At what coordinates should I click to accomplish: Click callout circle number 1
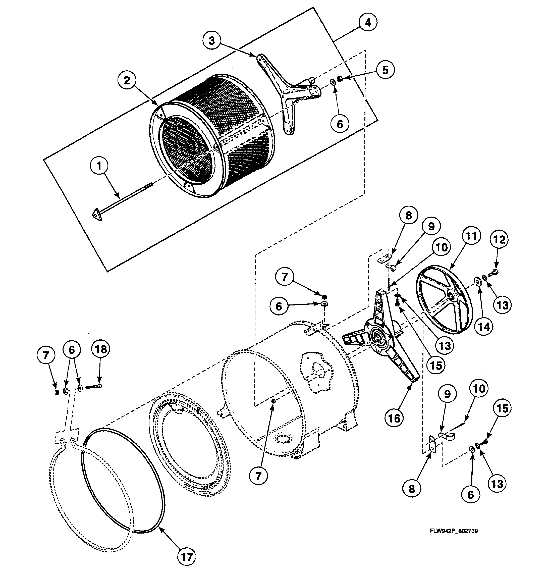99,166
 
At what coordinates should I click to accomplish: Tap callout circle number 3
212,41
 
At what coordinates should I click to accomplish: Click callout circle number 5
385,70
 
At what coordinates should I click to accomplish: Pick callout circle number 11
471,236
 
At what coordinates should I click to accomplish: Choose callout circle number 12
499,239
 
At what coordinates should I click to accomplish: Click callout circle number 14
483,326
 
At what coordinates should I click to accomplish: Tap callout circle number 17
187,557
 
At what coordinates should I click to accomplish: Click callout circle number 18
101,349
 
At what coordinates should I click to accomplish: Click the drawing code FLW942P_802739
454,531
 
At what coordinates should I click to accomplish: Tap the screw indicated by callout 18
93,387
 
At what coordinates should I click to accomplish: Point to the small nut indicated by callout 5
340,79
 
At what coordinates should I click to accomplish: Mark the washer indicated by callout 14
478,282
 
